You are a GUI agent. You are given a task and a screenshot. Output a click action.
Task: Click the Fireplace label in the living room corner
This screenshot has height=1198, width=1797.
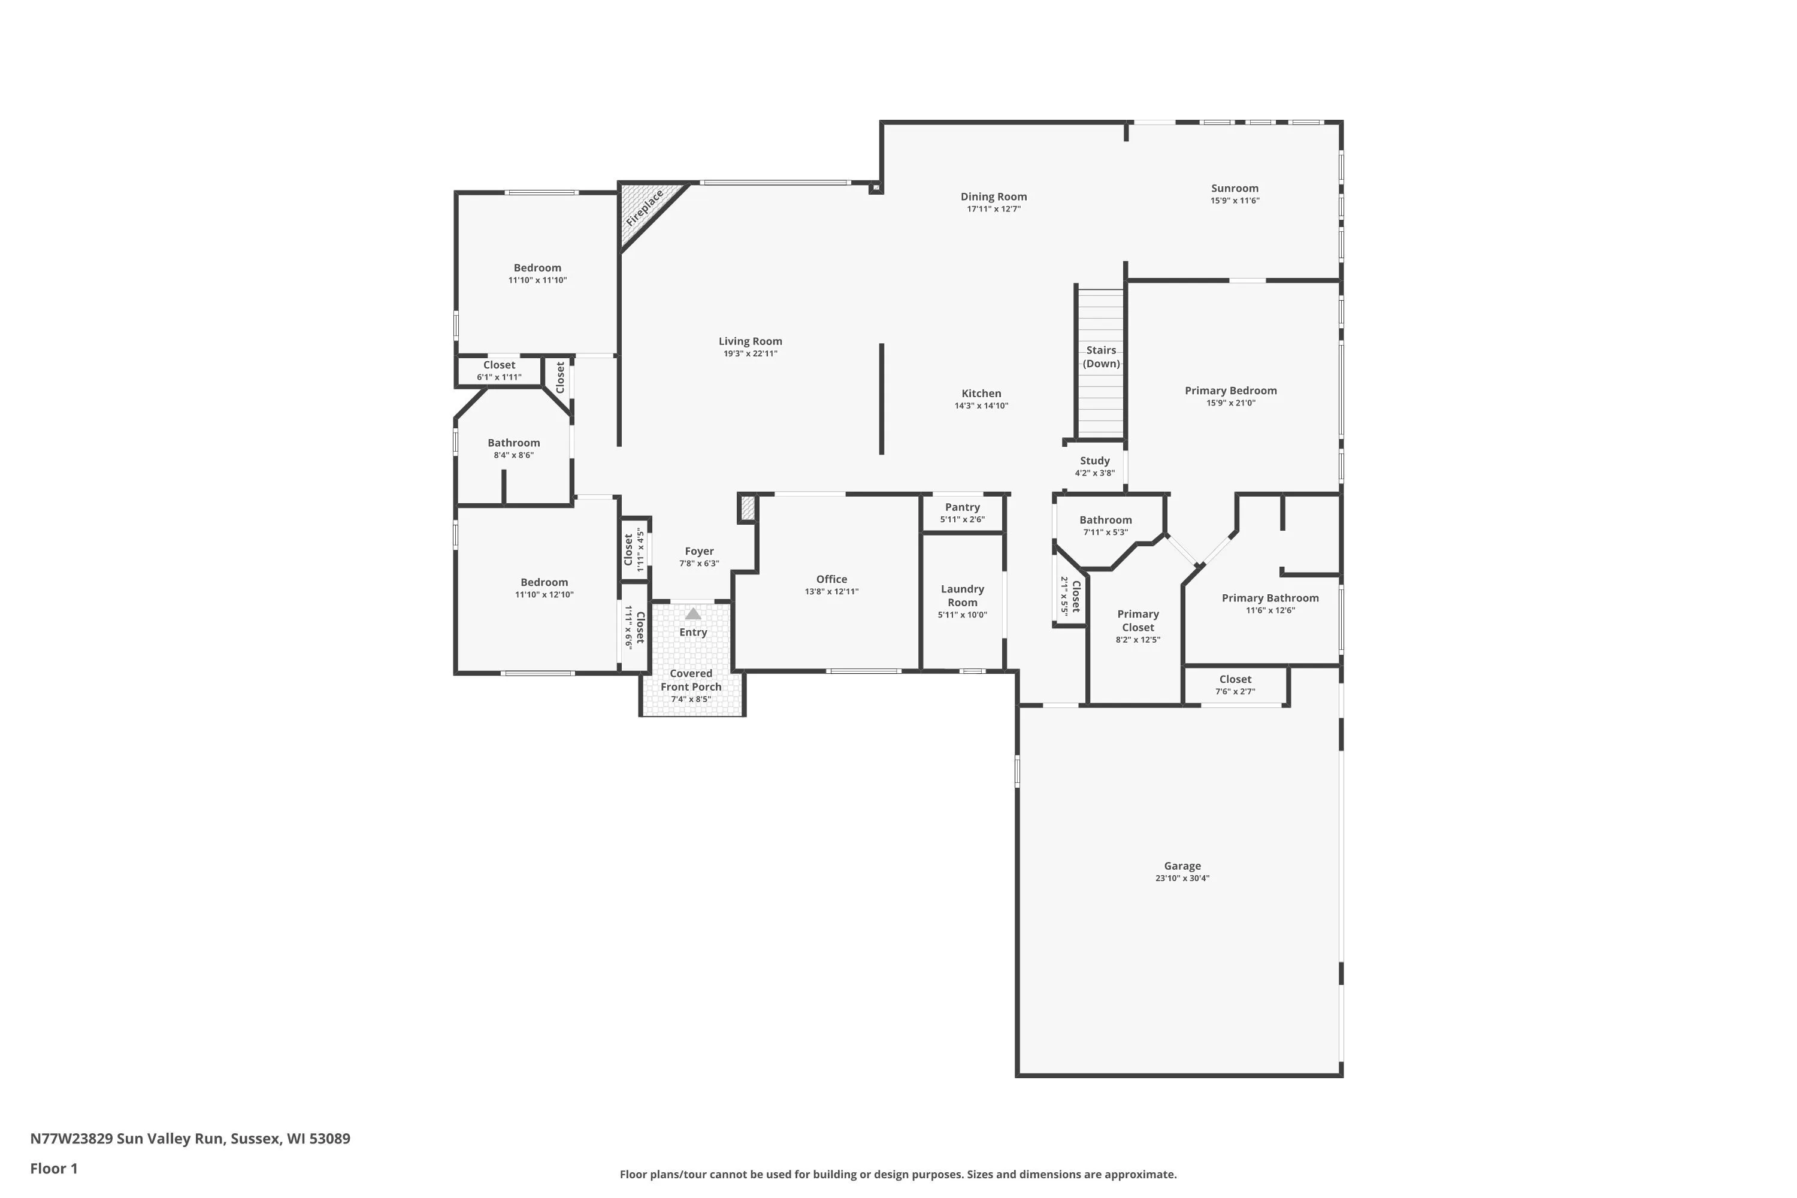[645, 207]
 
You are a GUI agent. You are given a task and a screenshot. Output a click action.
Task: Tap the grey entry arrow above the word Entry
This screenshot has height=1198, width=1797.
[693, 613]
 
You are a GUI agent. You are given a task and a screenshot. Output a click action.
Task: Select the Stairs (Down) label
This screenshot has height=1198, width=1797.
[1101, 357]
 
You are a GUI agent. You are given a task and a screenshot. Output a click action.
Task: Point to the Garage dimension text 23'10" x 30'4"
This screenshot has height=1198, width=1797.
[1182, 878]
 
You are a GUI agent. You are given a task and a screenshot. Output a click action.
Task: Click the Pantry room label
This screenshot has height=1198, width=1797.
[962, 507]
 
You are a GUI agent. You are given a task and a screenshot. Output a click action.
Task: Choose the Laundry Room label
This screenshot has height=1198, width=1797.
[962, 595]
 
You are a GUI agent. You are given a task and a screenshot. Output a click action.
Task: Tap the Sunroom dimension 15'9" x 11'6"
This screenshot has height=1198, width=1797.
[1235, 201]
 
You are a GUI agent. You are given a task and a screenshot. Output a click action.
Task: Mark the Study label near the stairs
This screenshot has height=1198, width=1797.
[1094, 461]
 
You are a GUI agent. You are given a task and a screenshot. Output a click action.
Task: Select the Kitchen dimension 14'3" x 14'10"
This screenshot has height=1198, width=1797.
[981, 406]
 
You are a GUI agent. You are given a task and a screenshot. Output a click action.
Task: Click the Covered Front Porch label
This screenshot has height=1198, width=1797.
[691, 680]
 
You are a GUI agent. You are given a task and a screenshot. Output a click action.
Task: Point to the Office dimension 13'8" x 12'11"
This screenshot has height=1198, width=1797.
[831, 591]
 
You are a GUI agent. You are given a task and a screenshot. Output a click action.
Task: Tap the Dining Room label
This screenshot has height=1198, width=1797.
[993, 196]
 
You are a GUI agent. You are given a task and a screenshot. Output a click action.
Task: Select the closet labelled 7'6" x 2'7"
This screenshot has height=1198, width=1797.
[1235, 685]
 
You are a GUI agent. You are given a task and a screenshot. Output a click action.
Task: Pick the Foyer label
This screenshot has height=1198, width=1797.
[699, 551]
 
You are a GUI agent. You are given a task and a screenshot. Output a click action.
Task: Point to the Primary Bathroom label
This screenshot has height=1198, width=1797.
[1270, 598]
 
